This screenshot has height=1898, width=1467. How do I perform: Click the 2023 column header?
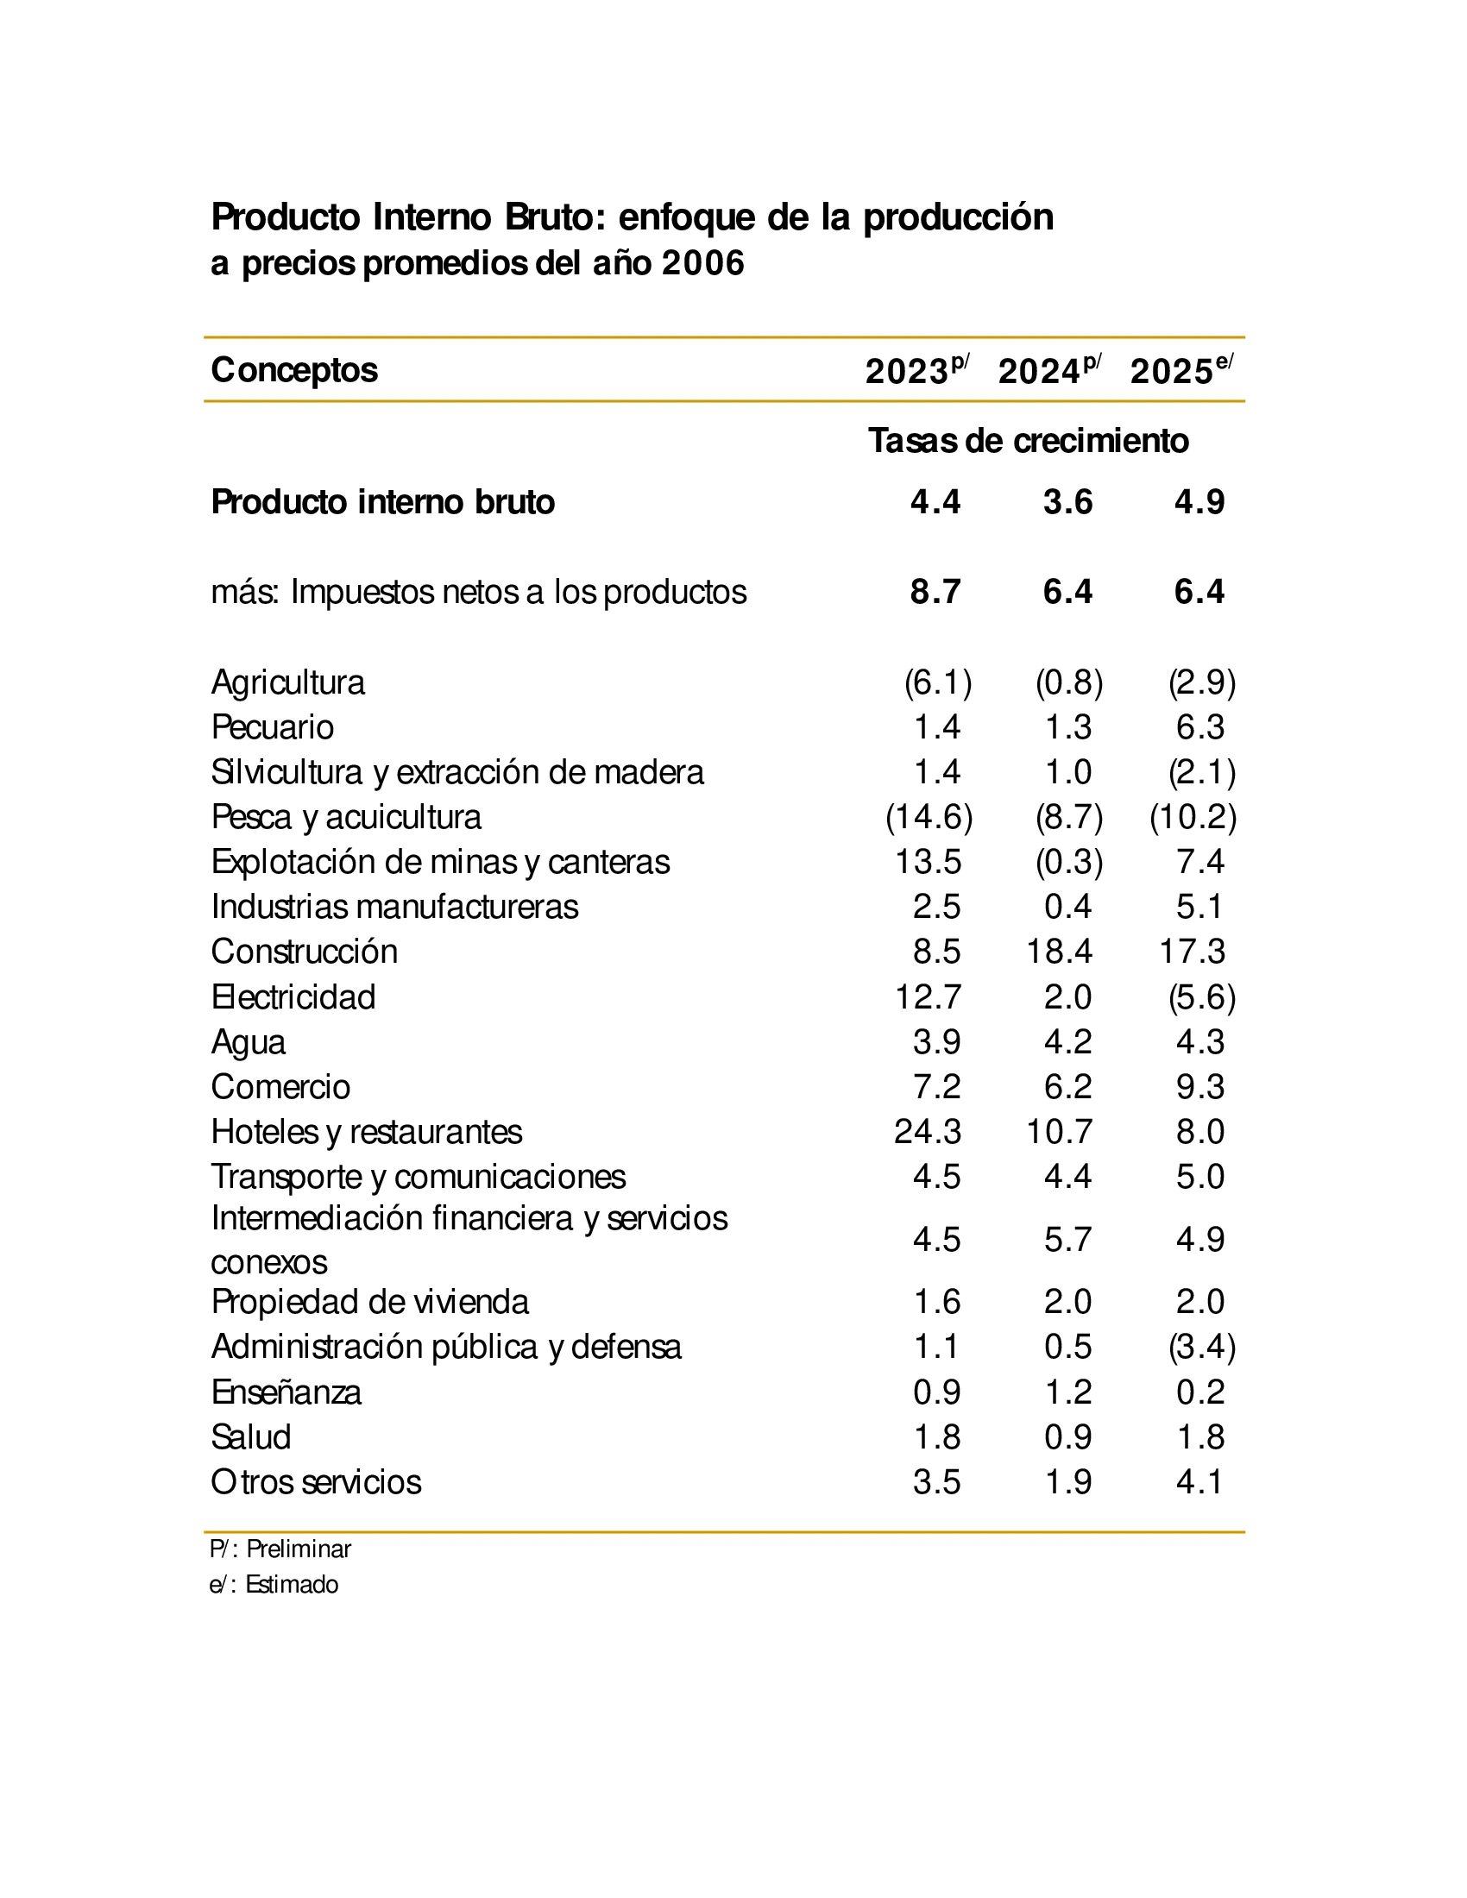[916, 371]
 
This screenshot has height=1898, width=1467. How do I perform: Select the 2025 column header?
[1181, 371]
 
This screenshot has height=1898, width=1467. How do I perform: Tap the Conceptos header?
[293, 370]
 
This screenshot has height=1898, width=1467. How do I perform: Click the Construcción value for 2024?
[1058, 952]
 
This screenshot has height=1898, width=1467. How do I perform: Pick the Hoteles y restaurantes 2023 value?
[928, 1132]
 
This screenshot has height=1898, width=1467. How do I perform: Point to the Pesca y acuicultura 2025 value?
[1193, 817]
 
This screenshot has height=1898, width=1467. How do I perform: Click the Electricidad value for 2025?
[1201, 996]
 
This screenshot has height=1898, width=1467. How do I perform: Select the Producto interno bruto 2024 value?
[1068, 502]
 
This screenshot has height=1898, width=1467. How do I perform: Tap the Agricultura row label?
[287, 682]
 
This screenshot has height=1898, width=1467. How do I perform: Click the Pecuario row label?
[272, 727]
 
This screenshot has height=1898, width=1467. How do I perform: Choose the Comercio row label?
[280, 1087]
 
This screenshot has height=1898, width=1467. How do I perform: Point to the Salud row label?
[250, 1437]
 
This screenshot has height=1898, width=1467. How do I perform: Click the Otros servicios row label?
[316, 1482]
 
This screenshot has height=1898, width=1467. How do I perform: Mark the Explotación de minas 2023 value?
[929, 862]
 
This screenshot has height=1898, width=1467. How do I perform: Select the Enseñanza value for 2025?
[1200, 1392]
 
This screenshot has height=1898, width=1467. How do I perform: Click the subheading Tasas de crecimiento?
[1028, 441]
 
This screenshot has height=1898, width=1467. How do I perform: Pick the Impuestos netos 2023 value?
[935, 592]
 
